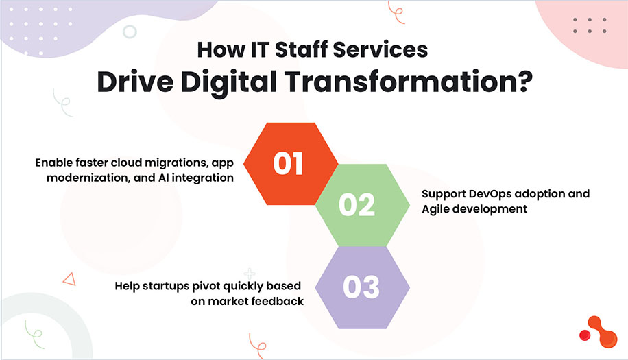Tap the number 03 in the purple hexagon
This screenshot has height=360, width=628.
pos(362,287)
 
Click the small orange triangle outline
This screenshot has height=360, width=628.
pos(68,278)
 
